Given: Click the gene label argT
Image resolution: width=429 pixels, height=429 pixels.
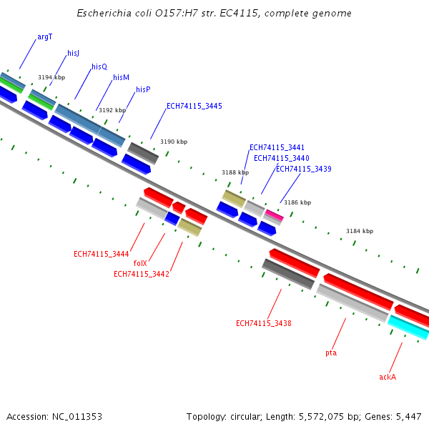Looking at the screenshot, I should [x=44, y=36].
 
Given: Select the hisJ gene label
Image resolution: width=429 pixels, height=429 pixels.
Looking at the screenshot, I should [x=73, y=53].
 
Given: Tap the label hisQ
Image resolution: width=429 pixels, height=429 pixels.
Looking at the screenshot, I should [x=99, y=66].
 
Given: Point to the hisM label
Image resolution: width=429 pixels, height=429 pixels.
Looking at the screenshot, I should [x=121, y=77].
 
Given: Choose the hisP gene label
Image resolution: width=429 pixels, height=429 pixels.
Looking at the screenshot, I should [x=143, y=89].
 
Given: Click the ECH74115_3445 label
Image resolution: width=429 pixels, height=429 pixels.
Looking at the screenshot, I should [x=194, y=106].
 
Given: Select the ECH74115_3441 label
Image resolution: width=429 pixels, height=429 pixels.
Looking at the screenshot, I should [x=277, y=147].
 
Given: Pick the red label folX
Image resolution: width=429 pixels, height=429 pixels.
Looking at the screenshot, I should [x=140, y=263].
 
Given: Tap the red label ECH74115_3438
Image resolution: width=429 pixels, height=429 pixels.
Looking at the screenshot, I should [x=263, y=323].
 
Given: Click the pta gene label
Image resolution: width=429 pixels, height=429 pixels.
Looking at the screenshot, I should [x=331, y=352].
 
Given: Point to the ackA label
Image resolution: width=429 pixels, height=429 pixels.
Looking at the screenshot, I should [x=388, y=377].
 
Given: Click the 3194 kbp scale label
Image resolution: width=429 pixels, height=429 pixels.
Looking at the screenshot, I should [x=51, y=77].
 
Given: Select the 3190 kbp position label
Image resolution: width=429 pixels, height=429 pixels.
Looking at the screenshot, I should [x=174, y=142].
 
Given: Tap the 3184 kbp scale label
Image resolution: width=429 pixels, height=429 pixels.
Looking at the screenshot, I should [x=360, y=231].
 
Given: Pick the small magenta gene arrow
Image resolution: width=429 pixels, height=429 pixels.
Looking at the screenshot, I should [x=274, y=214].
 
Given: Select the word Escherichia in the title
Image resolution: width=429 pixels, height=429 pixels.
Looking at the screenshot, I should [x=102, y=14].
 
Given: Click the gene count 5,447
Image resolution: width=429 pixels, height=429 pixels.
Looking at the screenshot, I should [x=409, y=416].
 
